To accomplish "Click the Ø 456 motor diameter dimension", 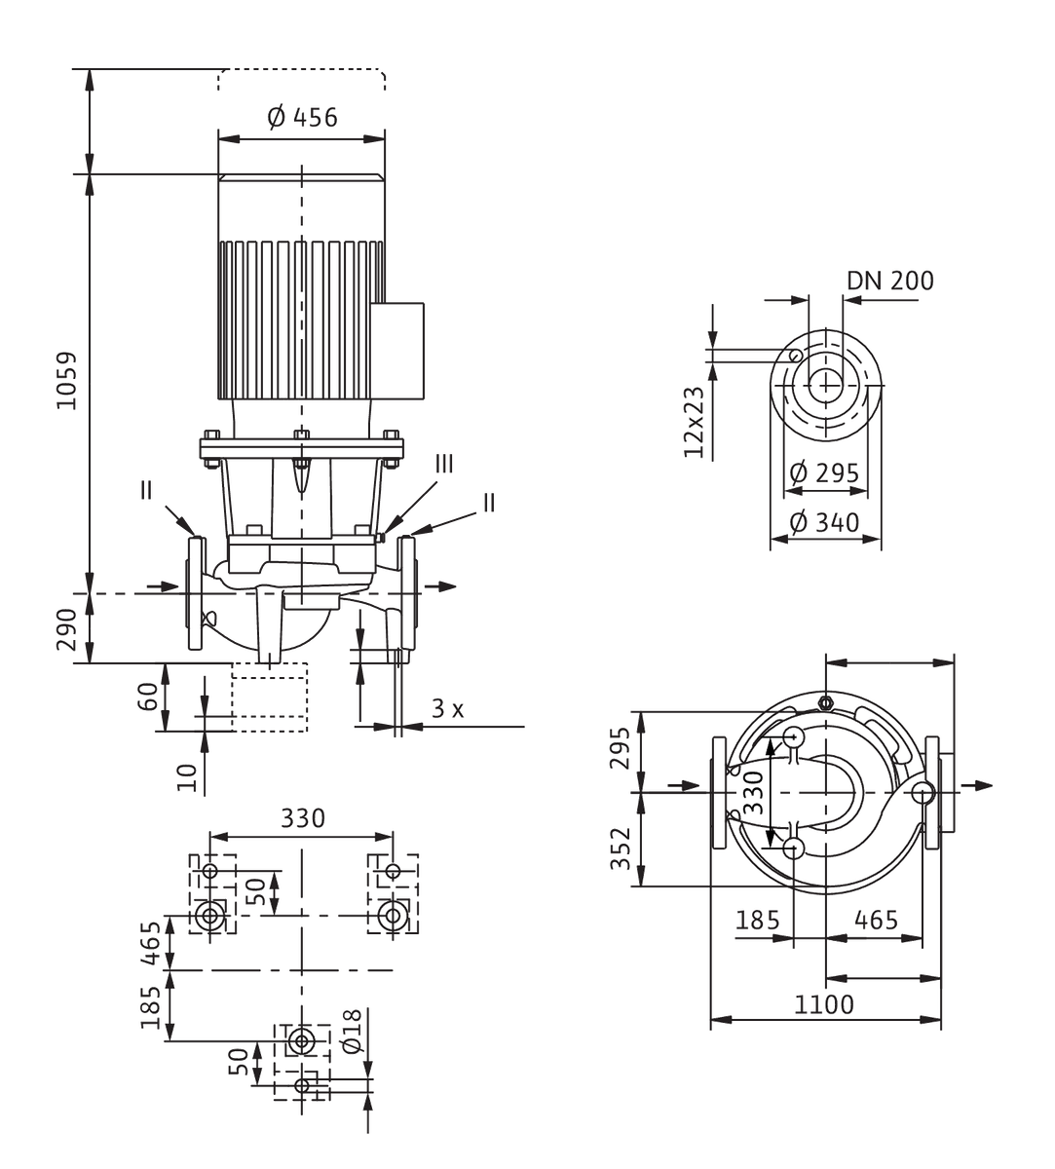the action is pos(302,117).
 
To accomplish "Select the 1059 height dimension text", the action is pos(66,381).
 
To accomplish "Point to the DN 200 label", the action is pos(890,281).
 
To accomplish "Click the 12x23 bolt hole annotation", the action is pos(694,422).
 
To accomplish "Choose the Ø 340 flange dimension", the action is pos(824,522).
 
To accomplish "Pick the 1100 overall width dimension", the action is pos(823,1004).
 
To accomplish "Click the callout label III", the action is pos(444,465).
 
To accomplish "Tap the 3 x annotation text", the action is pos(448,708).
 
